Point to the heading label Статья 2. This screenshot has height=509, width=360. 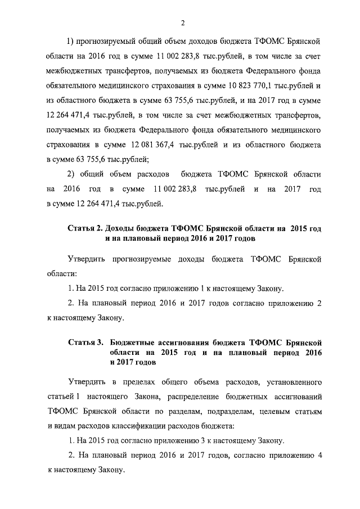[85, 229]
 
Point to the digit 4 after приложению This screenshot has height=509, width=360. [319, 456]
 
